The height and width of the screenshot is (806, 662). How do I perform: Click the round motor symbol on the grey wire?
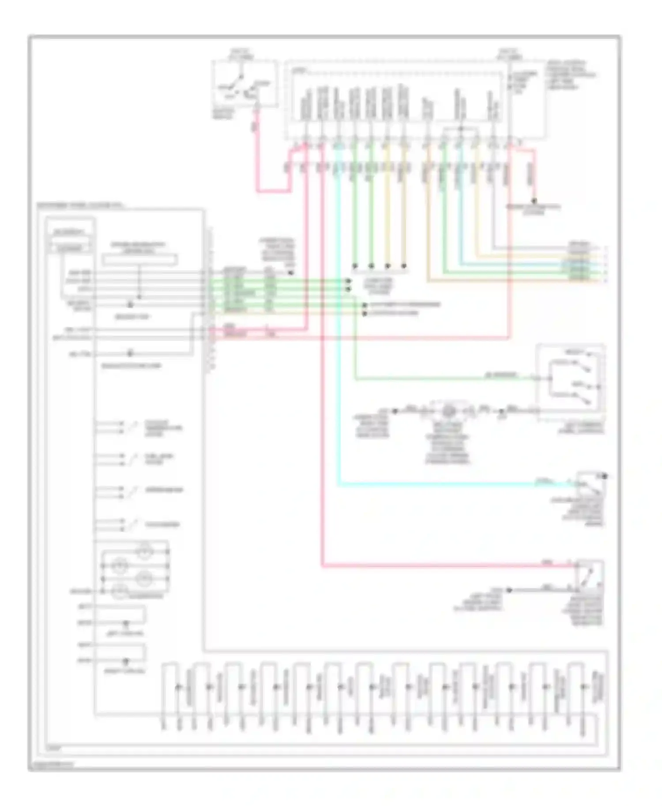click(x=449, y=411)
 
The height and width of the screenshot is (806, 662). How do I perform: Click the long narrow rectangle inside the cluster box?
click(x=139, y=260)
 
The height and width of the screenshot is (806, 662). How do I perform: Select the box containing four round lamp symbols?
click(x=135, y=567)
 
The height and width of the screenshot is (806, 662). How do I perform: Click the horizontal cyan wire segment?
click(x=441, y=485)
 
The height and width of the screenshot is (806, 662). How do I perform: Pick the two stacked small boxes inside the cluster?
click(x=71, y=240)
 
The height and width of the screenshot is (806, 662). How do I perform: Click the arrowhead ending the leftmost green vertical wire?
click(x=354, y=266)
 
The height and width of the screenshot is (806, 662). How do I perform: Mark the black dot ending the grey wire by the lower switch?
click(x=508, y=590)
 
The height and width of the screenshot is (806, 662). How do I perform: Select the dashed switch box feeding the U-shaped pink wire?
click(x=244, y=84)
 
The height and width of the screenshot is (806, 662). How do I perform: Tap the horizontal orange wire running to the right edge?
click(x=508, y=281)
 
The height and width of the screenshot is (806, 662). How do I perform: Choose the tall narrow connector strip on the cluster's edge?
click(x=210, y=300)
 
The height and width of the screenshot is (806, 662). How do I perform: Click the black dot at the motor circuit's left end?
click(x=395, y=411)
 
